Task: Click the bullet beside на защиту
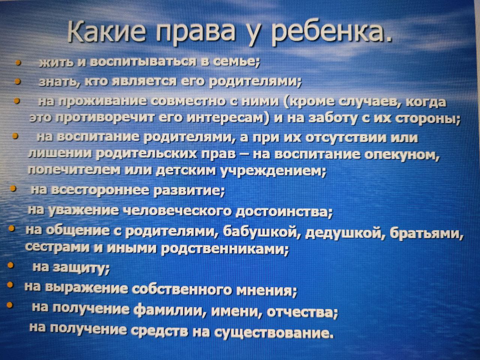pos(10,265)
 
